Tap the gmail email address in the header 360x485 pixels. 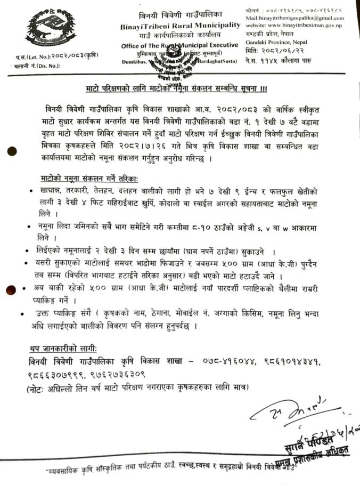[294, 18]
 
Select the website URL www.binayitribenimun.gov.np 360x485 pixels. [293, 25]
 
